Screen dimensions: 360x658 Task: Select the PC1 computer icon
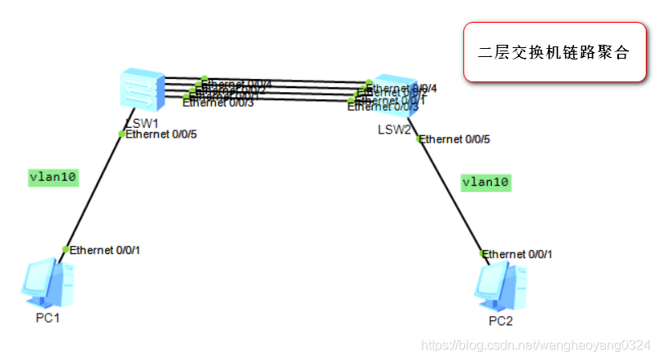tap(48, 283)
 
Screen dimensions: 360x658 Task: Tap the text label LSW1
tap(141, 122)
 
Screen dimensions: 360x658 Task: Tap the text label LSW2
tap(394, 130)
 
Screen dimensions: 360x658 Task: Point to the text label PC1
tap(48, 318)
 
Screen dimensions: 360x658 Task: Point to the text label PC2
tap(502, 321)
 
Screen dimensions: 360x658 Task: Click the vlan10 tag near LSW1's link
tap(53, 178)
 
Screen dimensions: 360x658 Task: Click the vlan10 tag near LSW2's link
tap(485, 182)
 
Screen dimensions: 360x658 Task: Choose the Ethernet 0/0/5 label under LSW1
tap(161, 134)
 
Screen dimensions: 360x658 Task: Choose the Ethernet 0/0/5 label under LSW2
tap(455, 139)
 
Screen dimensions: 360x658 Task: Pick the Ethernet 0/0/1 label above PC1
tap(105, 249)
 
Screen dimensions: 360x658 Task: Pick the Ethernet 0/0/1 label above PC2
tap(518, 254)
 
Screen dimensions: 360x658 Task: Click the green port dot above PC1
tap(66, 249)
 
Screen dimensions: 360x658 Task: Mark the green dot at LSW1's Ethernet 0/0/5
tap(122, 134)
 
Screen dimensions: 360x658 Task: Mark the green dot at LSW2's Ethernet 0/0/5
tap(419, 139)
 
